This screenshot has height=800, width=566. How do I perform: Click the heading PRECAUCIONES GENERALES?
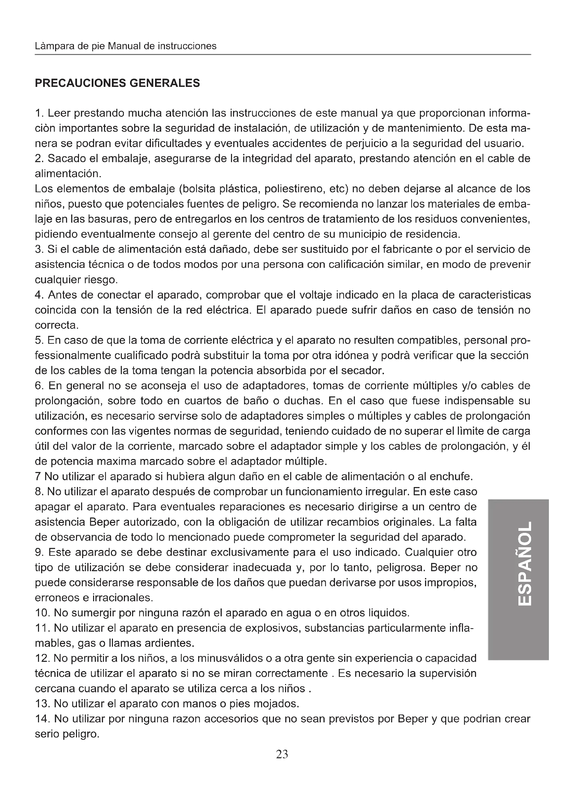click(117, 83)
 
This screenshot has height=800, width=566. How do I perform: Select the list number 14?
click(42, 719)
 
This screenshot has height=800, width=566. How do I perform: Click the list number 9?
click(39, 552)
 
